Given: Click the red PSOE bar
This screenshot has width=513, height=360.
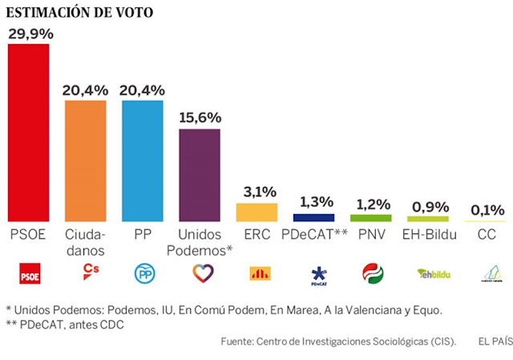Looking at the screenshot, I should click(28, 132).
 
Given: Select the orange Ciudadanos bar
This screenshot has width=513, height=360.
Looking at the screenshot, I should click(85, 161).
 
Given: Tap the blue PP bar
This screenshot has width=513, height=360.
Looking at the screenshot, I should click(142, 161).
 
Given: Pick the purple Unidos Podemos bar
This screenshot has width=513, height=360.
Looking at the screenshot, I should click(199, 175).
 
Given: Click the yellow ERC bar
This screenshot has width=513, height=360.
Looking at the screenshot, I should click(256, 212).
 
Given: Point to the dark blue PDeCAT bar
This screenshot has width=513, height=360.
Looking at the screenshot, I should click(313, 217).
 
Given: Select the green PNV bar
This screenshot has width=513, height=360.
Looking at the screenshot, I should click(371, 217).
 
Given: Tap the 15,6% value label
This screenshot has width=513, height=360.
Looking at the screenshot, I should click(200, 117).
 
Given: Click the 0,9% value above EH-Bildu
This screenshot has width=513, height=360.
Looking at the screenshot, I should click(428, 206).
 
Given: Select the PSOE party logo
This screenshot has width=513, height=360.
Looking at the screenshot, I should click(28, 273).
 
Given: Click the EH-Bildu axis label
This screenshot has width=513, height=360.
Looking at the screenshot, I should click(428, 234).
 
